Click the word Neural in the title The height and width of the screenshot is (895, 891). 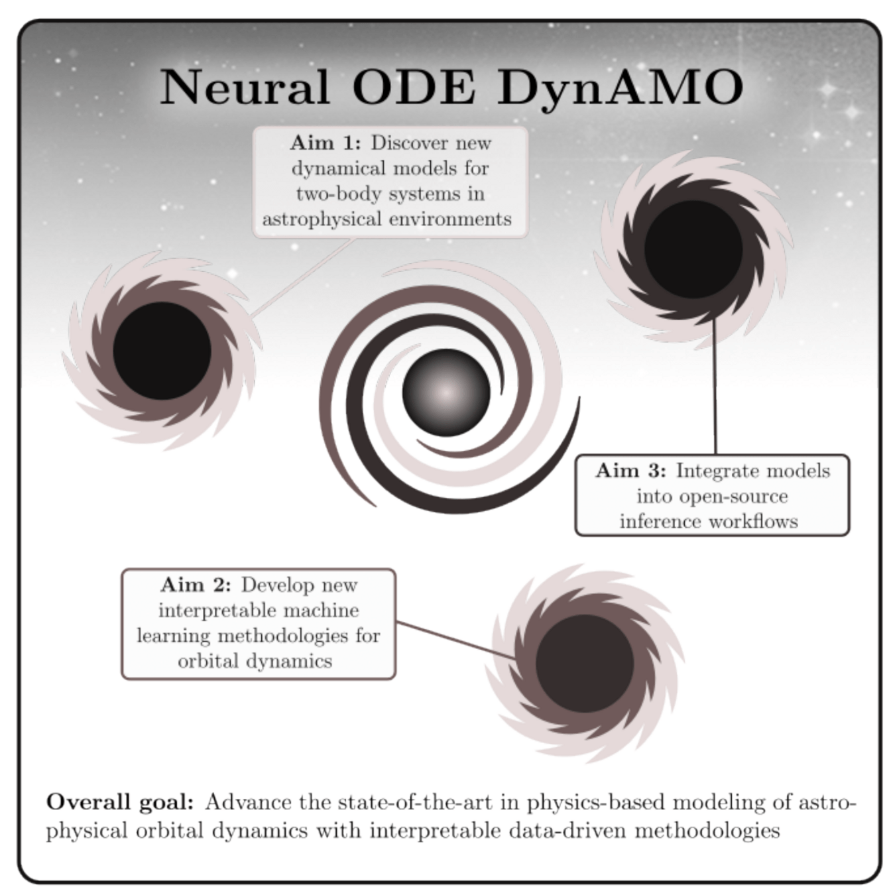[244, 87]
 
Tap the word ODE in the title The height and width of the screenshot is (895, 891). [414, 87]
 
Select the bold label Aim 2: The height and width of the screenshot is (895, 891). [196, 585]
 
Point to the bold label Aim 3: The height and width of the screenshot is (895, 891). [630, 471]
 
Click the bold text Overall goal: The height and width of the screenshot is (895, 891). [120, 802]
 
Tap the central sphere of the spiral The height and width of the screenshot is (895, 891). [446, 392]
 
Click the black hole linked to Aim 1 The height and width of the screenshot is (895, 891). [162, 351]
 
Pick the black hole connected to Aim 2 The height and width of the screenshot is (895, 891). [584, 663]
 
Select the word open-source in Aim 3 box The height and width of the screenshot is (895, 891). [712, 496]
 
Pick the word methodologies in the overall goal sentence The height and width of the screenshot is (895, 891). [707, 830]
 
